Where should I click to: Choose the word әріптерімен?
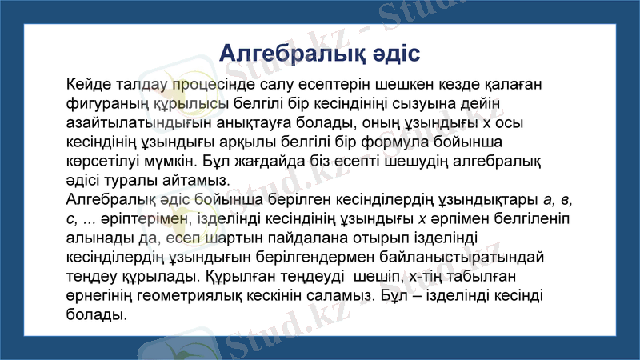134,218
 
